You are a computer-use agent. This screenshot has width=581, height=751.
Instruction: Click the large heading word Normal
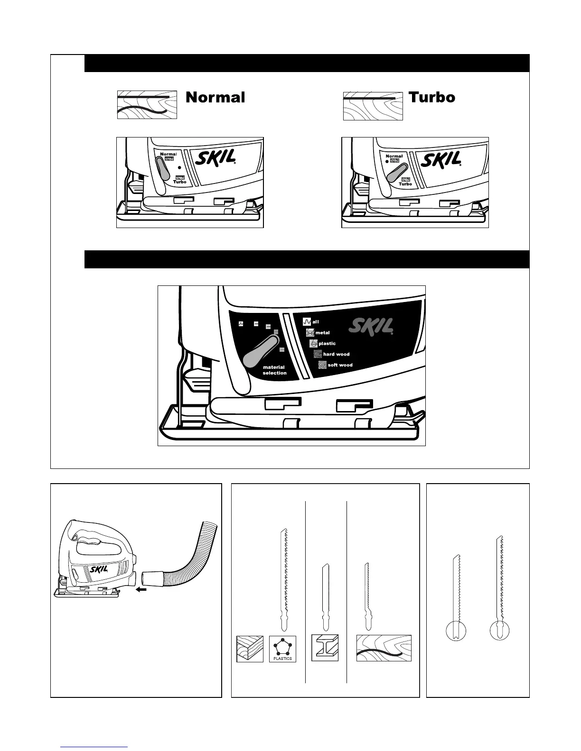pyautogui.click(x=215, y=97)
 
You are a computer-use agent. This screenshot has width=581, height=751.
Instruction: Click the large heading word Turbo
pyautogui.click(x=431, y=97)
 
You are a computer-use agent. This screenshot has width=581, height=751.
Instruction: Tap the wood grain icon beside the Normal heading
pyautogui.click(x=147, y=105)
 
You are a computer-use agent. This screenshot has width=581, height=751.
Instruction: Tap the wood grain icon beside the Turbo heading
pyautogui.click(x=373, y=106)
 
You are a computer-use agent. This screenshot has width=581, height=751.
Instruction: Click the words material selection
pyautogui.click(x=274, y=370)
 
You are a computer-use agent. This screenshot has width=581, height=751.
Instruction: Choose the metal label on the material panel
pyautogui.click(x=322, y=333)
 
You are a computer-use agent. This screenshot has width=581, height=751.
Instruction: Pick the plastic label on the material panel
pyautogui.click(x=327, y=344)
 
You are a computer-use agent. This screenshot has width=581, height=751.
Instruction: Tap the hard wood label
pyautogui.click(x=336, y=354)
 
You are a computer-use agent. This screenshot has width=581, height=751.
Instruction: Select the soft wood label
pyautogui.click(x=340, y=365)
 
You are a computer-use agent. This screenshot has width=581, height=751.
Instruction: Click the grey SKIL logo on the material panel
pyautogui.click(x=372, y=326)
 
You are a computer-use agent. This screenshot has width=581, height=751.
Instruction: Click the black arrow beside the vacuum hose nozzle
pyautogui.click(x=141, y=590)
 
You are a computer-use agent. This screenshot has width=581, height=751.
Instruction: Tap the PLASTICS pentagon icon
pyautogui.click(x=282, y=648)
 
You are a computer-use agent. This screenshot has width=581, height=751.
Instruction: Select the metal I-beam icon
pyautogui.click(x=325, y=648)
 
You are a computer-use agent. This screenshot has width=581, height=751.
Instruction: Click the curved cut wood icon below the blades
pyautogui.click(x=384, y=648)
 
